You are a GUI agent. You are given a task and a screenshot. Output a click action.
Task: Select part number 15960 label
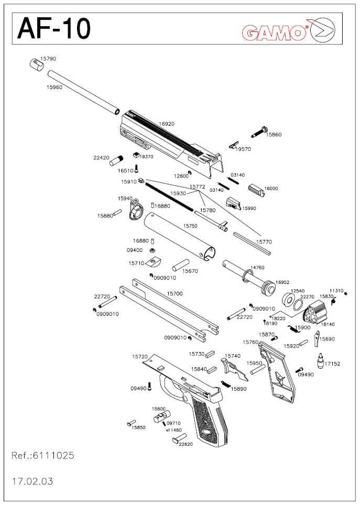click(54, 87)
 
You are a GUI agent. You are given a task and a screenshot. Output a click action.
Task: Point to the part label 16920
click(166, 124)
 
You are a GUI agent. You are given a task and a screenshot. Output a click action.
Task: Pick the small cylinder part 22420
click(115, 160)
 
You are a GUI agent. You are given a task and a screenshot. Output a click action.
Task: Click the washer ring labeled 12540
click(288, 301)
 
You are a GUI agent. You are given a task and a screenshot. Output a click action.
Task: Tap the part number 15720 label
click(140, 356)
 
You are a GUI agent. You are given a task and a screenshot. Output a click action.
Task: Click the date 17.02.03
click(32, 480)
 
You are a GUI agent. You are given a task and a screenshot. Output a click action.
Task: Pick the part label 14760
click(257, 267)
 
